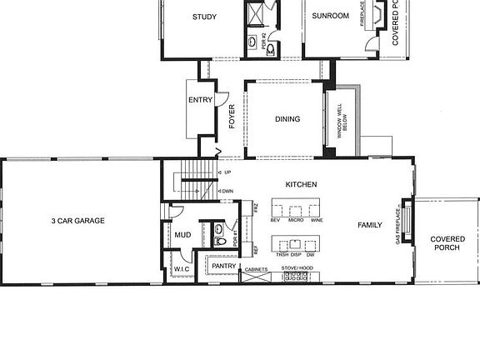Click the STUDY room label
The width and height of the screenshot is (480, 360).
[x=204, y=17]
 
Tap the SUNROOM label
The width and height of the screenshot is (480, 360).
[x=329, y=16]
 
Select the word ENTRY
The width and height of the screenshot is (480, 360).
[x=201, y=101]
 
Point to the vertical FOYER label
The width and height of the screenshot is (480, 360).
[x=232, y=119]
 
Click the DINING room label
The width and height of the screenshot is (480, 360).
[x=287, y=119]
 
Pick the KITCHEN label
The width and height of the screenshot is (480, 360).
[x=301, y=184]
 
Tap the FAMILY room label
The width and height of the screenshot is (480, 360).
[x=370, y=225]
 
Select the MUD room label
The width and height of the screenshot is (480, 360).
[x=182, y=235]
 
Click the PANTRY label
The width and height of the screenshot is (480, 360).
[x=223, y=266]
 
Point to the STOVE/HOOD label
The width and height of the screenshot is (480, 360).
[x=297, y=268]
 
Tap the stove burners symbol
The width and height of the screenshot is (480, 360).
[x=297, y=277]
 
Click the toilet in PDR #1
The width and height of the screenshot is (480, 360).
[x=219, y=241]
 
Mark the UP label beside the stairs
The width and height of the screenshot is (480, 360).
[x=227, y=172]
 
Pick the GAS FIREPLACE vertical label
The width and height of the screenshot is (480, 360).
[x=399, y=225]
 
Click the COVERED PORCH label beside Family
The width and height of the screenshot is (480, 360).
[x=447, y=243]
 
